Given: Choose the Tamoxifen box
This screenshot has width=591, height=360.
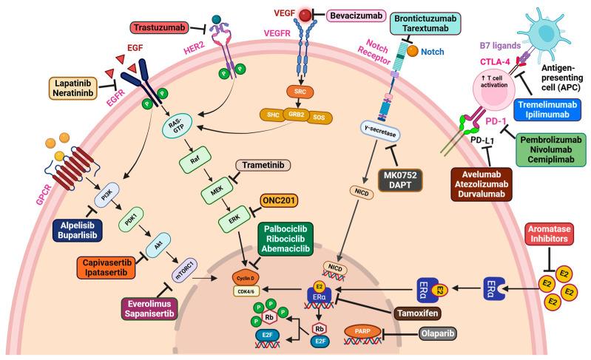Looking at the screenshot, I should click(x=428, y=312).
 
